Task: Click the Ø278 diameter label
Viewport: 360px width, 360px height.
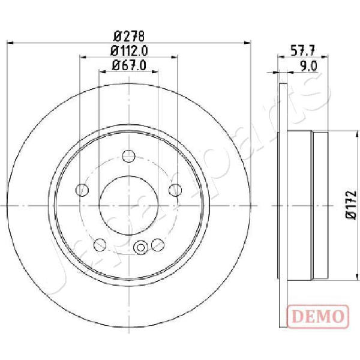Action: tap(129, 36)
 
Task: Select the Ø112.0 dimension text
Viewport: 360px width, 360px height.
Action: tap(129, 51)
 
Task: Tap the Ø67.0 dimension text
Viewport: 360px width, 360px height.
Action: tap(129, 65)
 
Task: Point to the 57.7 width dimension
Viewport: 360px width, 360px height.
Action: tap(303, 50)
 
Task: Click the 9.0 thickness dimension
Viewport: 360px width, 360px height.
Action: tap(308, 67)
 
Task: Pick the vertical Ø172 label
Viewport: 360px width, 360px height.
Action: tap(351, 205)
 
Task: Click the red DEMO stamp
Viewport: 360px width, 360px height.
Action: tap(318, 316)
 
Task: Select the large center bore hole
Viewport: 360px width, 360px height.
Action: tap(129, 205)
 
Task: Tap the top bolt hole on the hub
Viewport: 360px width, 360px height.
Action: tap(129, 157)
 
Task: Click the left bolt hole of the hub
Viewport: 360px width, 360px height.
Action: tap(82, 190)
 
